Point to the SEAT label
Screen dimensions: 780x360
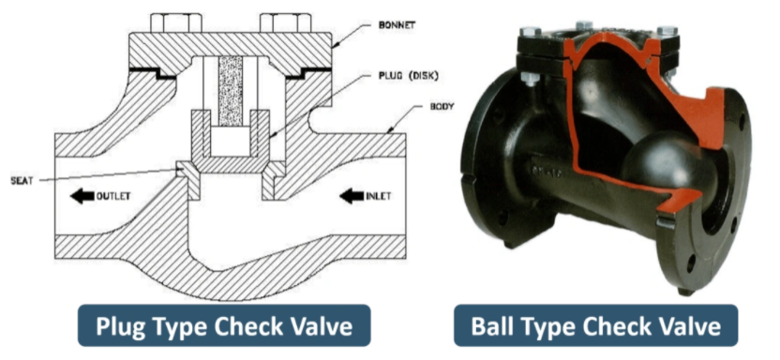pos(22,181)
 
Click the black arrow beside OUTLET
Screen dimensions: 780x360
pos(82,196)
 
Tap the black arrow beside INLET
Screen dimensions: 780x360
pos(352,196)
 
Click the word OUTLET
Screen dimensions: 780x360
pos(112,196)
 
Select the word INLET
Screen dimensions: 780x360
pos(378,196)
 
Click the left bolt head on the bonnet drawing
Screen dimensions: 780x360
pos(176,22)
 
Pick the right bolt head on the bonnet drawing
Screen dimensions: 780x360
pos(286,22)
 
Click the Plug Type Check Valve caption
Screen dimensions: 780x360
pos(224,325)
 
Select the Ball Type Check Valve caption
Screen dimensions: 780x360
pos(595,325)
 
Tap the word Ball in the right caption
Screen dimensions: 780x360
pos(494,325)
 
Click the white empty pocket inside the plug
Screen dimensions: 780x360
pos(231,141)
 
